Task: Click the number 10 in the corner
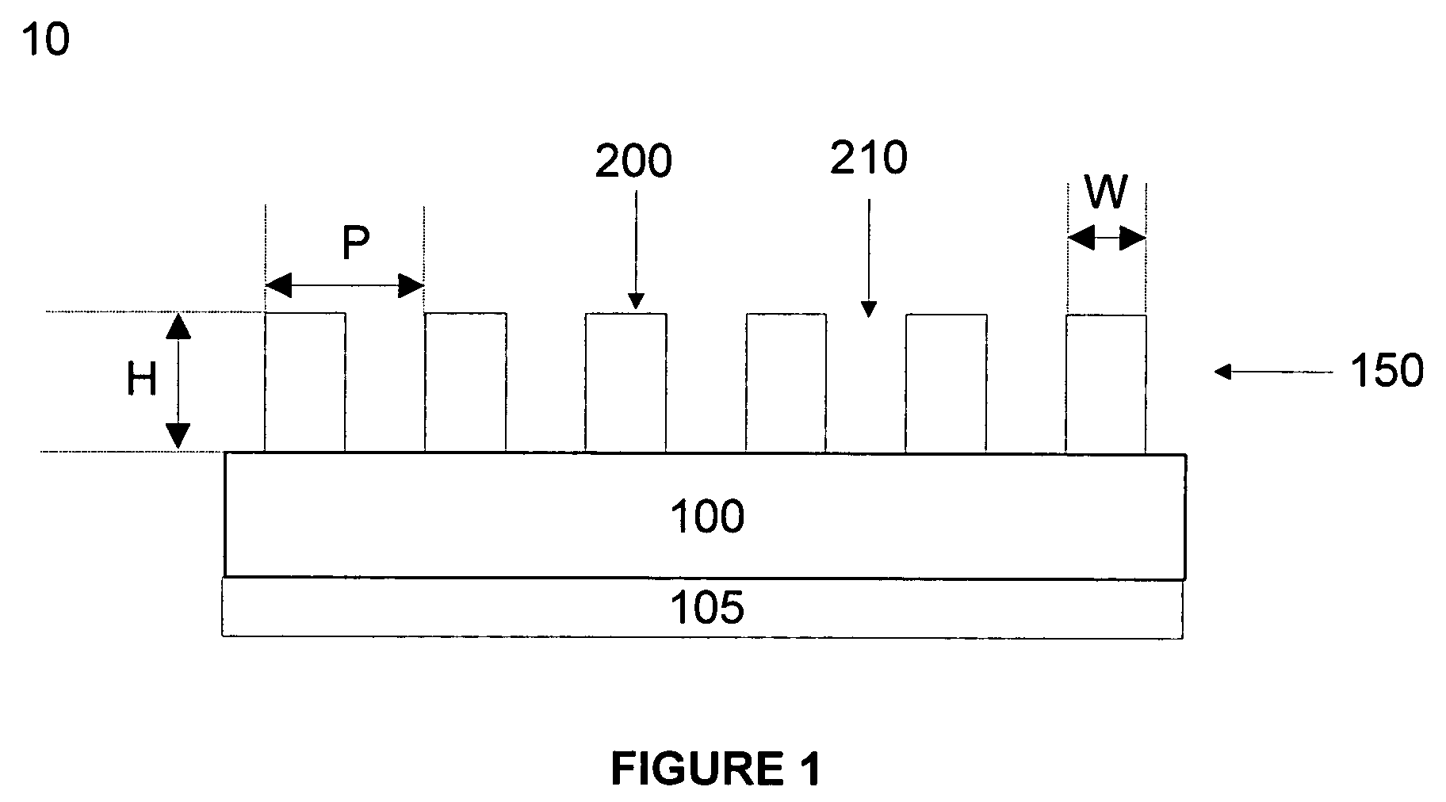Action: click(46, 40)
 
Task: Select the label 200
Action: click(633, 162)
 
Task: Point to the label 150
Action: click(1387, 371)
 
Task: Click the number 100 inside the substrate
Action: click(707, 517)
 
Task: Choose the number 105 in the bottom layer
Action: click(707, 609)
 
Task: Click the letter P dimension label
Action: click(356, 244)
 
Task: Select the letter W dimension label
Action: click(1105, 193)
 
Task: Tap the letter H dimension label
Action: click(142, 381)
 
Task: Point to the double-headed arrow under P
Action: click(344, 285)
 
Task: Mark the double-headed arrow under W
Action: click(1106, 238)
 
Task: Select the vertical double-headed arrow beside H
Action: click(178, 381)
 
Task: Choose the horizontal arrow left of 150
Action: click(1273, 371)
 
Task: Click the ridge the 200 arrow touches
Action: click(625, 382)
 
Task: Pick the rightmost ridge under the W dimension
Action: click(1105, 384)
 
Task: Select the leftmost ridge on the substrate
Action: click(305, 382)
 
